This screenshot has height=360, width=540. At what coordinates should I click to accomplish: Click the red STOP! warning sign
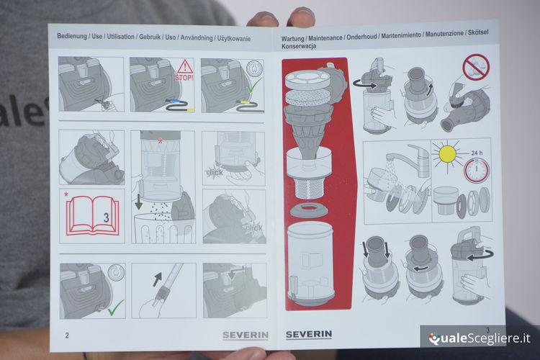[x=184, y=71]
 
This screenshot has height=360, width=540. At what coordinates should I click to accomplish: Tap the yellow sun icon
[x=447, y=153]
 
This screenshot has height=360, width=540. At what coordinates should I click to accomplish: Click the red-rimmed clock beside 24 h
[x=477, y=170]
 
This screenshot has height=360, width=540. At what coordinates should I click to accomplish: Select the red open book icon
[x=92, y=216]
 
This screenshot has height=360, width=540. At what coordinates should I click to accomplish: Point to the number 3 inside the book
[x=106, y=217]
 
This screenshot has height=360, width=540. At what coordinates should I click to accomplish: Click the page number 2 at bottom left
[x=67, y=336]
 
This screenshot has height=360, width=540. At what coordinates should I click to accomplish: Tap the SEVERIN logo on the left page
[x=246, y=336]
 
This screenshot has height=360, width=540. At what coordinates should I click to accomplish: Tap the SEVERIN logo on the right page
[x=309, y=334]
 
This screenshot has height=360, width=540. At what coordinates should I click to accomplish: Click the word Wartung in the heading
[x=293, y=39]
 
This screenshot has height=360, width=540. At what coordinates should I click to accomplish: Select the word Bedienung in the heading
[x=72, y=36]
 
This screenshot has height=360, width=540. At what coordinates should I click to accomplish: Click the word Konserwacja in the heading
[x=299, y=46]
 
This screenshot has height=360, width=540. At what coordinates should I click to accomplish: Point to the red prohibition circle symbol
[x=476, y=67]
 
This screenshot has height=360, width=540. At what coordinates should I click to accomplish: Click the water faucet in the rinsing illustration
[x=408, y=161]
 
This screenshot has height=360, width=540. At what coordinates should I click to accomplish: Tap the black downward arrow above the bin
[x=138, y=202]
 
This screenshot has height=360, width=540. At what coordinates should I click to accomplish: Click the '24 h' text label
[x=477, y=153]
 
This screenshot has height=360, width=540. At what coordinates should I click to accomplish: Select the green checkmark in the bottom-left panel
[x=116, y=307]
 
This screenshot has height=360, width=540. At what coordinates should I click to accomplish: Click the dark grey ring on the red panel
[x=309, y=210]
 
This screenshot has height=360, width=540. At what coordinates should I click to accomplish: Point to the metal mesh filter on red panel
[x=310, y=189]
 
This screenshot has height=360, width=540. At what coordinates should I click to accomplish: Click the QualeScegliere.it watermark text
[x=480, y=338]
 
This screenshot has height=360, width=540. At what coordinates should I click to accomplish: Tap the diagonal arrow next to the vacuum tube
[x=157, y=279]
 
